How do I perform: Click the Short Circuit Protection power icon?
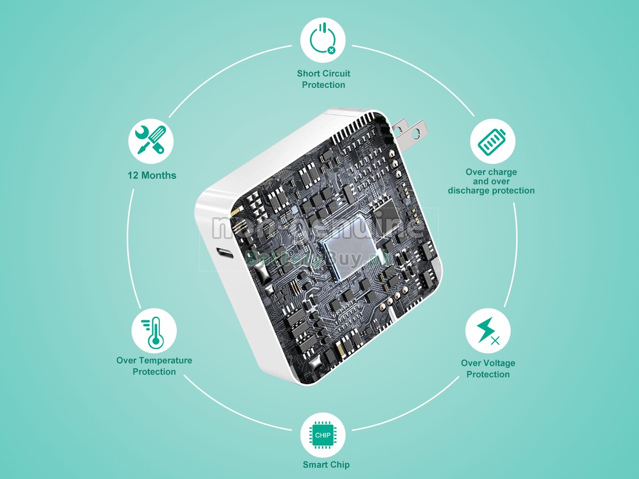(x=323, y=40)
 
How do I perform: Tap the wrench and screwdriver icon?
(x=151, y=141)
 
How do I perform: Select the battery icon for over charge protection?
(x=492, y=141)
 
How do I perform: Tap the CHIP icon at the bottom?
(x=323, y=435)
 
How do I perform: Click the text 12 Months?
(x=152, y=175)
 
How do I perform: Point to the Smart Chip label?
(x=326, y=465)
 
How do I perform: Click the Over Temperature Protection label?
(x=154, y=366)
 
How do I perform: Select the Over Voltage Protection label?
(x=488, y=369)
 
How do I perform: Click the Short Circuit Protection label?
(x=323, y=79)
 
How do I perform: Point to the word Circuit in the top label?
(x=335, y=73)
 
